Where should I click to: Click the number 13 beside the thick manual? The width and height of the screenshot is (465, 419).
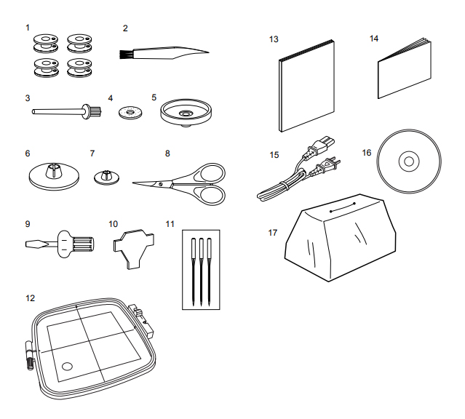pos(274,39)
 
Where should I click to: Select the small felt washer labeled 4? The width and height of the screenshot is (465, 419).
pos(130,113)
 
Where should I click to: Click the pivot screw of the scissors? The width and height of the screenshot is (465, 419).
pos(161,185)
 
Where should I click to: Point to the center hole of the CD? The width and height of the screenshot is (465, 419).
pos(409,161)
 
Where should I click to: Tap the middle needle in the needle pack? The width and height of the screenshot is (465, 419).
pos(201,271)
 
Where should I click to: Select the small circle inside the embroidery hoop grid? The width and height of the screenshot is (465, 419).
pos(67,367)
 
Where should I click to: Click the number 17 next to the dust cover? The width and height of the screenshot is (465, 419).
pos(273,233)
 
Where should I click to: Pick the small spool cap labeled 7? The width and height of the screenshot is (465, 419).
pos(107,177)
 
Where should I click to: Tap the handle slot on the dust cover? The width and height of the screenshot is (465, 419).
pos(343,207)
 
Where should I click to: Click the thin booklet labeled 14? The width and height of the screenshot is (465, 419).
pos(404,68)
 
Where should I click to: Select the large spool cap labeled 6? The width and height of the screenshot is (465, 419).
pos(54,177)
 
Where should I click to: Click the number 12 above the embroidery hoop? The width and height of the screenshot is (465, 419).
pos(31,298)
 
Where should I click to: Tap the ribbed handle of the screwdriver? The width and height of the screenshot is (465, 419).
pos(82,244)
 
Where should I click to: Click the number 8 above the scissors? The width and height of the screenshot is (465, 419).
pos(167,153)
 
